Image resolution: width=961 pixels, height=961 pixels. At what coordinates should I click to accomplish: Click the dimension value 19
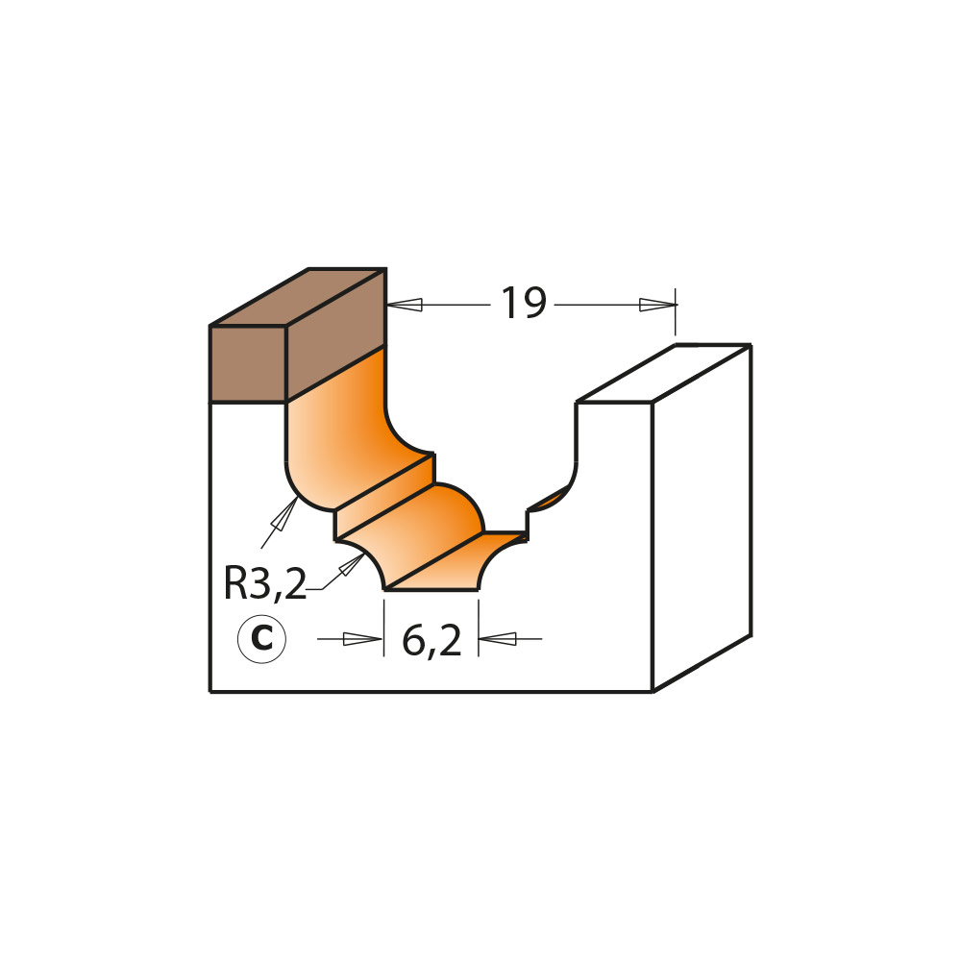coord(524,305)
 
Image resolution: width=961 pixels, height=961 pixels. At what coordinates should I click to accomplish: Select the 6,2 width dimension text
coord(431,641)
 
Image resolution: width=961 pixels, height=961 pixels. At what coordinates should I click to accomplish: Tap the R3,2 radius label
coord(264,584)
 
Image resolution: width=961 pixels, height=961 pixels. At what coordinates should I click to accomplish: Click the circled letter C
coord(261,639)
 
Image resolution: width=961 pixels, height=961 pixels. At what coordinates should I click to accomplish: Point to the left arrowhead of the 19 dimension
coord(405,305)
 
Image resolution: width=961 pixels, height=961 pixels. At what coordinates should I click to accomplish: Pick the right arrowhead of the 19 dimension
coord(658,305)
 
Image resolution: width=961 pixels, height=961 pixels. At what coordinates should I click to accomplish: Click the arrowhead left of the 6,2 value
coord(363,639)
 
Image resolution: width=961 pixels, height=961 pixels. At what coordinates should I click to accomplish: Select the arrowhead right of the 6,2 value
coord(497,638)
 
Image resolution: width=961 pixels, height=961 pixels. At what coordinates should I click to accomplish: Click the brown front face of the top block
coord(248,363)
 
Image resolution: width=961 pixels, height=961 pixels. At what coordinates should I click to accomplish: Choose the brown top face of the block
coord(298,297)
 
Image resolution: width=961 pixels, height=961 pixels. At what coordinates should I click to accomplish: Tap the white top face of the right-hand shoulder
coord(663,373)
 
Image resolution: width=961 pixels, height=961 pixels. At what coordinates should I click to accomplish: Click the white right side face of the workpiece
coord(702,519)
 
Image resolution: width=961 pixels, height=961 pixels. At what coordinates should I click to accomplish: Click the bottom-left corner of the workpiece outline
coord(210,691)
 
